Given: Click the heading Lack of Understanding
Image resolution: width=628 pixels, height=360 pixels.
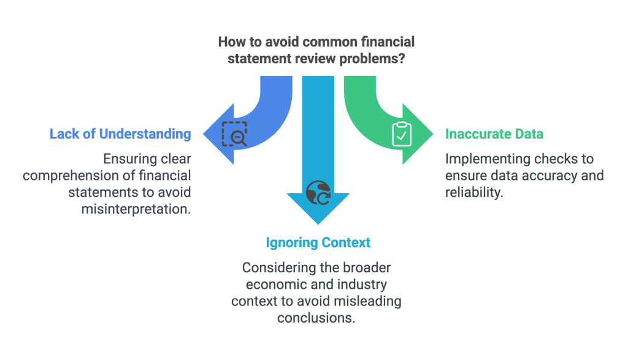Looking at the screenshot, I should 120,134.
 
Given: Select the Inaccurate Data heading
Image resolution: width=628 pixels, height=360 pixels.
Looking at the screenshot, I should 494,134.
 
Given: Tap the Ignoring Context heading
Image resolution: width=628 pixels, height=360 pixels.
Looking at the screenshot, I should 318,242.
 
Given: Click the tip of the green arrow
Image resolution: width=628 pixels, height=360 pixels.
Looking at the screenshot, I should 432,134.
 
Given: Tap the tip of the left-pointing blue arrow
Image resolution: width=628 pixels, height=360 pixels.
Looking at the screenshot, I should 204,134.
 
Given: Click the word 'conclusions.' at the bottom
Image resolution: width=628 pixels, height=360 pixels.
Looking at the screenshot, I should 318,318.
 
